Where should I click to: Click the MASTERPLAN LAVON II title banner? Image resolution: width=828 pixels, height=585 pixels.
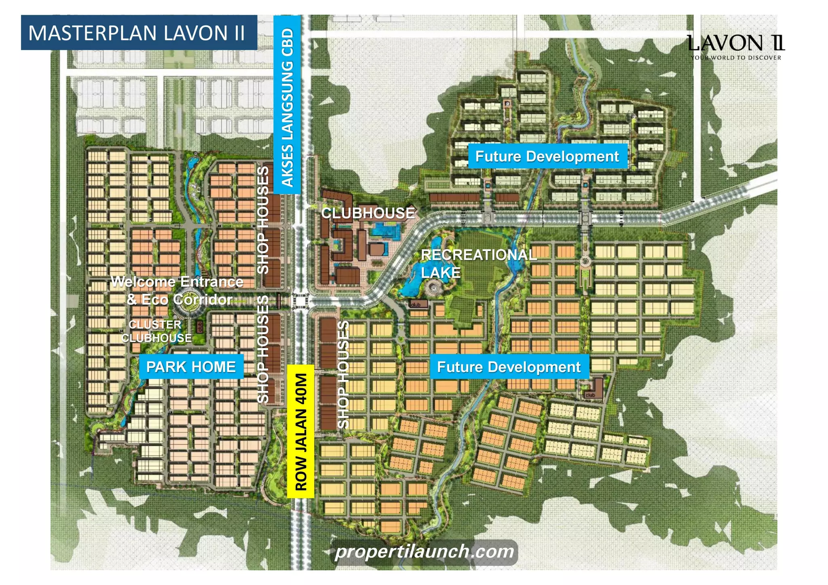[x=139, y=33]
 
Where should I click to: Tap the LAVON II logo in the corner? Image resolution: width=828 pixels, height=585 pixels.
[x=735, y=43]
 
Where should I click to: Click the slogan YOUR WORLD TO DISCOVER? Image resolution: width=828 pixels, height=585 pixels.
[x=735, y=58]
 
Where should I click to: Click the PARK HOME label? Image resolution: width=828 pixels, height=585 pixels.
[x=191, y=367]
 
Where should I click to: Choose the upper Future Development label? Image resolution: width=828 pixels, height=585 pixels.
[x=547, y=156]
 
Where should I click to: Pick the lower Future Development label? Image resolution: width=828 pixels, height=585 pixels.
[x=509, y=367]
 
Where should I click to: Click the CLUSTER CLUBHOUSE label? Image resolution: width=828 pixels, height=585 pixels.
[x=156, y=331]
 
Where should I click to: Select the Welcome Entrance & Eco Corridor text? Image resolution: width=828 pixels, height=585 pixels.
[x=178, y=290]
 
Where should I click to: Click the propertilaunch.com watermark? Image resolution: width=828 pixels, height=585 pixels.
[x=424, y=551]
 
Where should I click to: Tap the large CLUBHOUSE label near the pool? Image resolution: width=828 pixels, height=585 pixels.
[x=368, y=213]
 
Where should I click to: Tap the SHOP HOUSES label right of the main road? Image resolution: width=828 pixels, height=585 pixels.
[x=343, y=374]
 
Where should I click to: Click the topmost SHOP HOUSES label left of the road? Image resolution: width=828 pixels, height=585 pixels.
[x=263, y=220]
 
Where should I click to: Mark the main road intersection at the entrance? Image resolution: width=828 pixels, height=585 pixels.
[x=300, y=302]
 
